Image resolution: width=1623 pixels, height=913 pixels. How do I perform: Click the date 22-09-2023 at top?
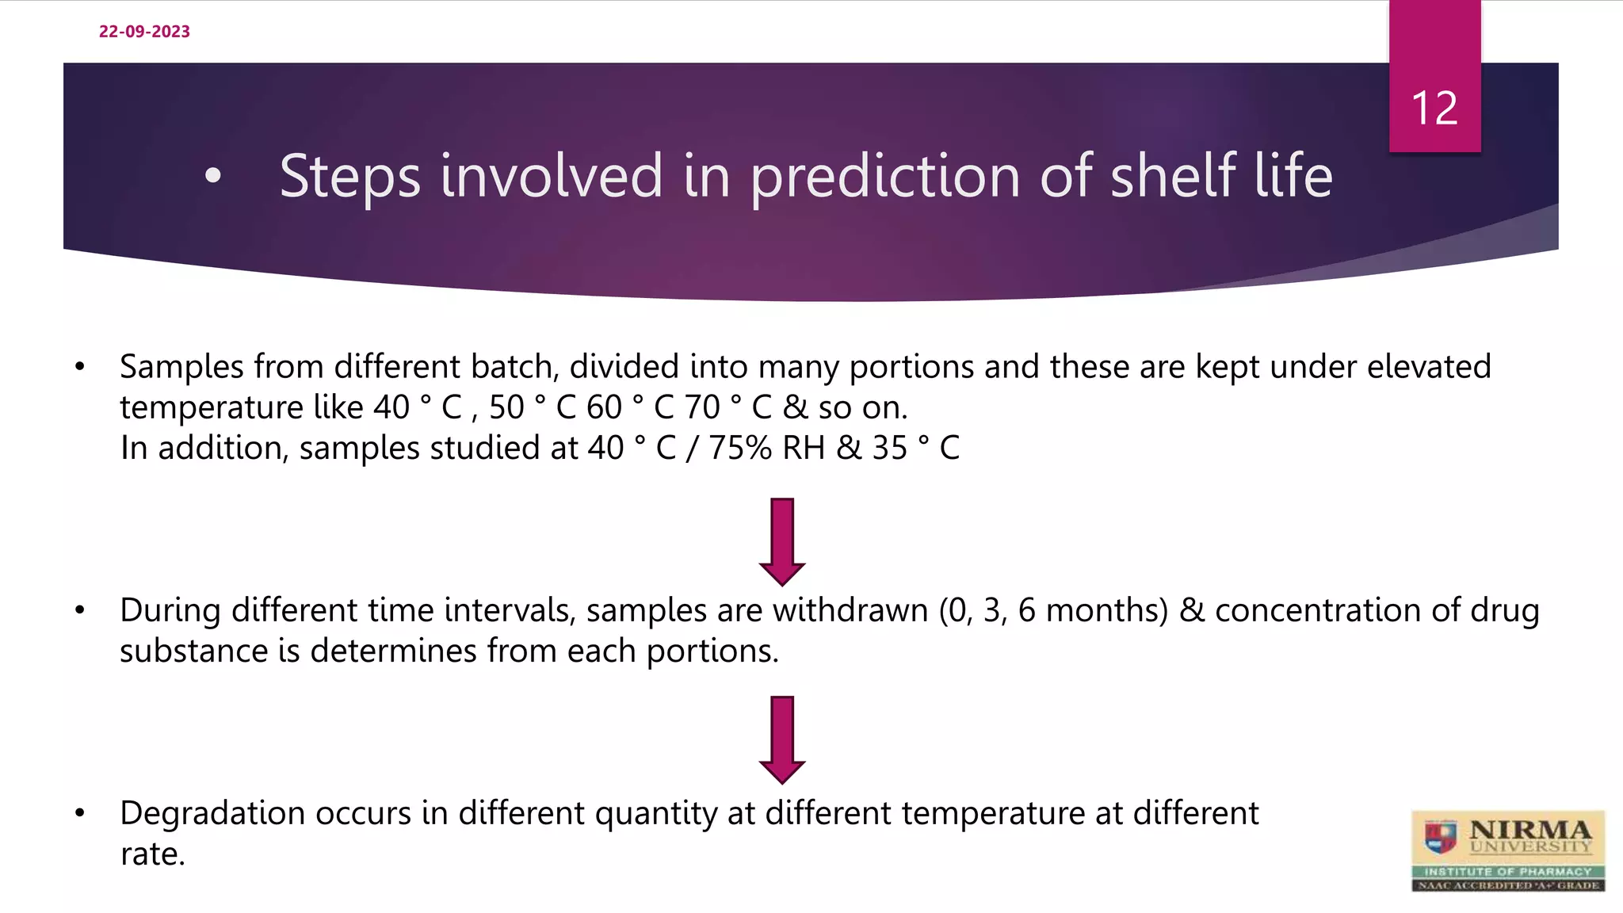coord(144,32)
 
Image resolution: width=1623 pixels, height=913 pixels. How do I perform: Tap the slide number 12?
coord(1434,108)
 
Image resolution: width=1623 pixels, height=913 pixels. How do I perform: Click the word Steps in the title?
coord(349,177)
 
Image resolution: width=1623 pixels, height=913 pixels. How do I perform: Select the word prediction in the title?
coord(884,177)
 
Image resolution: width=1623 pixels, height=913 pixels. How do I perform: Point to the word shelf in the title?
coord(1173,175)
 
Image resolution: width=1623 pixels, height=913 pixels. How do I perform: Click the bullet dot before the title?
coord(212,176)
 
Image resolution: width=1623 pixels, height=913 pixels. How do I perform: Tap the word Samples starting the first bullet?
coord(181,367)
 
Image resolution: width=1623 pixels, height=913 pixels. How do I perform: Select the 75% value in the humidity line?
coord(739,448)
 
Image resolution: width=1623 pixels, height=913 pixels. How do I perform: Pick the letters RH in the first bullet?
coord(804,448)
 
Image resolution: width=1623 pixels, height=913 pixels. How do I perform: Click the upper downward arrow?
coord(782,541)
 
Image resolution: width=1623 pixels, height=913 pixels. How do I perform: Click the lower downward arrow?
coord(782,739)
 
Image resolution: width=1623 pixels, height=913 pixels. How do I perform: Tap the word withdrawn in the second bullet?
coord(850,610)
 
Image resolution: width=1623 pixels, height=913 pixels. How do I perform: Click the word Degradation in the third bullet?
coord(212,814)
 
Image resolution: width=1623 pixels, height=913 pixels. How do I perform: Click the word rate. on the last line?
coord(152,854)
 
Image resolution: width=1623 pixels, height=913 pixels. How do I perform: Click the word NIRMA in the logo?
coord(1529,830)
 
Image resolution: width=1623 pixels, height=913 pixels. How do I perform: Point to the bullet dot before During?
coord(79,610)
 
